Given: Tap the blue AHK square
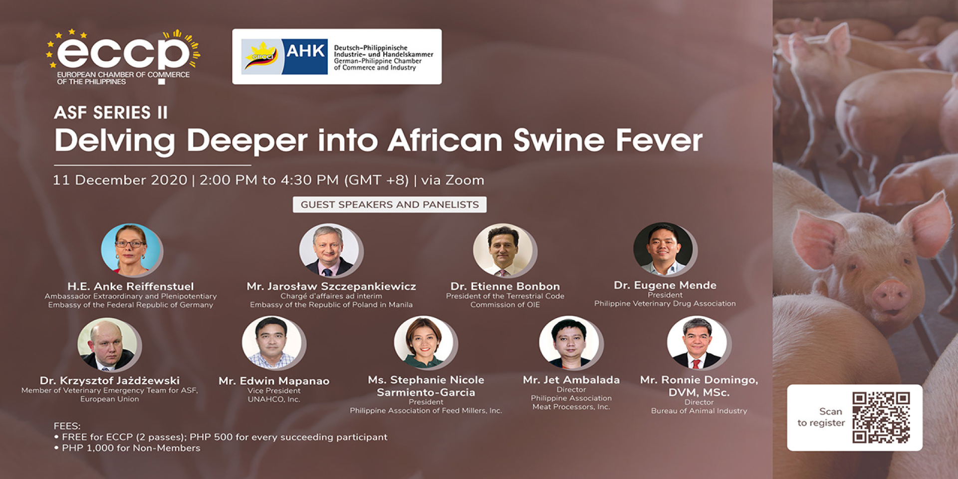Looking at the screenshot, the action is (x=304, y=56).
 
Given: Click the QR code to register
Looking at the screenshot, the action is (x=881, y=417).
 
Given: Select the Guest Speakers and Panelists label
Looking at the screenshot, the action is (x=390, y=204).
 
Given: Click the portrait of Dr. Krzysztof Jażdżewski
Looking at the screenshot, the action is (x=107, y=344).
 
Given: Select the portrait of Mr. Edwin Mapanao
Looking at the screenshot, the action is (x=272, y=343).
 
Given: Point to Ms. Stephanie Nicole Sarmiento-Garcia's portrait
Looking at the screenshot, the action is (x=424, y=342).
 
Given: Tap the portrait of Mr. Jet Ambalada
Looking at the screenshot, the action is (x=569, y=342).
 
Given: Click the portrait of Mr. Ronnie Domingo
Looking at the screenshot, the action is (x=698, y=342).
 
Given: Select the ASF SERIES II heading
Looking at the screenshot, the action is (x=111, y=113).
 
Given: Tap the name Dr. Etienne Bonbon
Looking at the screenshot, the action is (x=505, y=286).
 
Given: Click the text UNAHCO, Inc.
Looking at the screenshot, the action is (x=274, y=399).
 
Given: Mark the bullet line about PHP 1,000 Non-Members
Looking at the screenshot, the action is (x=127, y=448).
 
